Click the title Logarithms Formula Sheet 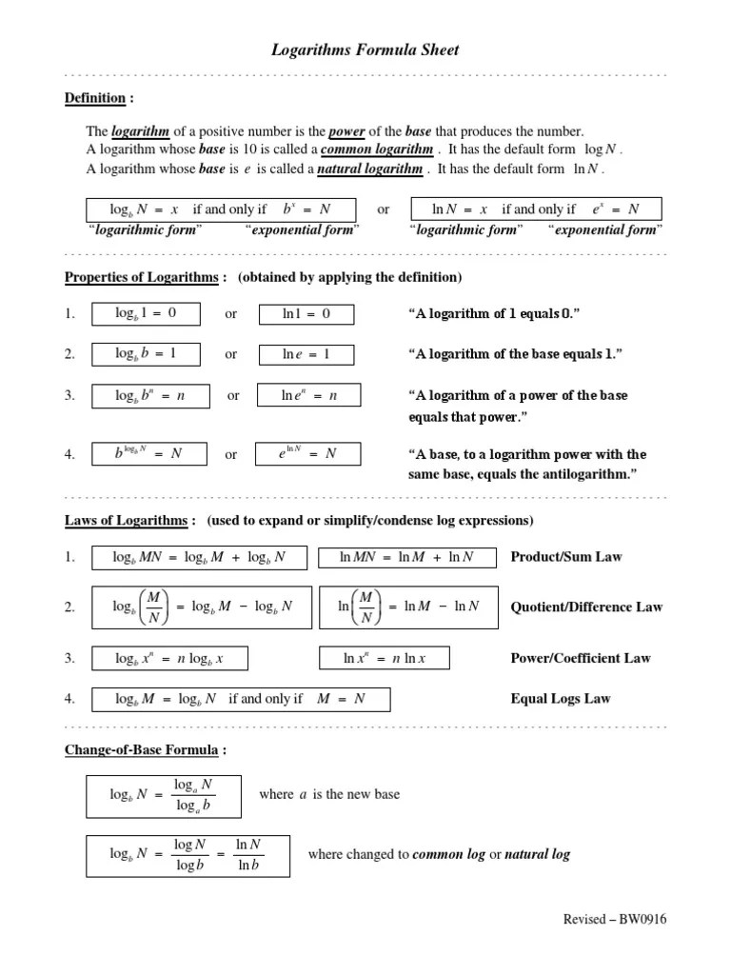click(x=365, y=50)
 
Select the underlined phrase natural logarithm click(x=369, y=169)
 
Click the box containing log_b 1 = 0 click(x=146, y=313)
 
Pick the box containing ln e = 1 click(x=306, y=354)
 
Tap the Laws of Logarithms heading click(x=129, y=520)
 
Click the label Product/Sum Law click(x=565, y=556)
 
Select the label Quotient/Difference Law click(x=586, y=607)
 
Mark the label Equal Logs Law click(x=561, y=699)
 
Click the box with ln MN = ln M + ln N click(x=407, y=557)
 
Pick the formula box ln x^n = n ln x click(x=384, y=658)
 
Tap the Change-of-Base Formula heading click(x=146, y=750)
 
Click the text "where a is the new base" click(x=329, y=794)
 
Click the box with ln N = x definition click(x=535, y=209)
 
